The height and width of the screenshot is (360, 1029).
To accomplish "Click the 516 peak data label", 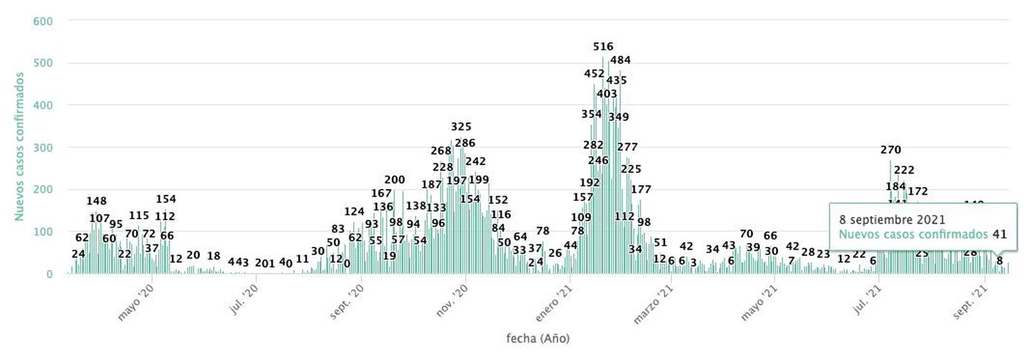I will coord(603,46).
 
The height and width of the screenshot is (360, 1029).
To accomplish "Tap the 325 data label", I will coord(461,127).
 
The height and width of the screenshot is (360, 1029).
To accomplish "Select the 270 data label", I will coord(891,150).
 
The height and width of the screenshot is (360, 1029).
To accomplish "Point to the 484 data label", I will coord(620,60).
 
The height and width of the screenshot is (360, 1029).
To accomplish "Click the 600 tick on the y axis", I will coord(42,21).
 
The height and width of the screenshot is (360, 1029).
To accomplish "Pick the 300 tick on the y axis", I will coord(42,147).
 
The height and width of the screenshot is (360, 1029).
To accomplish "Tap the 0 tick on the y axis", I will coord(49,274).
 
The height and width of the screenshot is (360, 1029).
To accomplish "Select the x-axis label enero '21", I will coord(554,304).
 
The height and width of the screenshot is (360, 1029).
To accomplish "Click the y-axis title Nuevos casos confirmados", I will coord(20,147).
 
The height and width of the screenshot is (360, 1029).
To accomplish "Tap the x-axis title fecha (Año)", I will coord(538,338).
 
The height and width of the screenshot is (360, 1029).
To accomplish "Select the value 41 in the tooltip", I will coord(999,235).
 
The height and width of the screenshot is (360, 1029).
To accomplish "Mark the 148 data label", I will coord(96,201).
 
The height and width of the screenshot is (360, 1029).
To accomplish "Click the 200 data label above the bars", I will coord(394,179).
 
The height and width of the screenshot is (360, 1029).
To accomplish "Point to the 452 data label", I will coord(594,74).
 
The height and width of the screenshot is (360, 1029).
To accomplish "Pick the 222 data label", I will coord(904,170).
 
